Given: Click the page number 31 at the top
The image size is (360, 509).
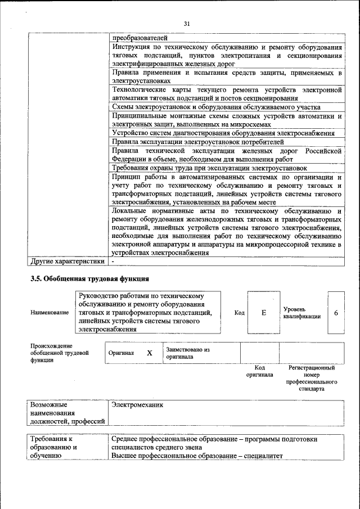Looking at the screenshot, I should (x=187, y=23).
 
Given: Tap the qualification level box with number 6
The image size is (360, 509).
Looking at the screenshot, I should (x=335, y=313).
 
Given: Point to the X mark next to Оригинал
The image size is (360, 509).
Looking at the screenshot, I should (x=150, y=353).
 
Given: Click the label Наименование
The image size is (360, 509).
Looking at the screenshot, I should (x=49, y=313).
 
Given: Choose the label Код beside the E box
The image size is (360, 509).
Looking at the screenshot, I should (x=239, y=313).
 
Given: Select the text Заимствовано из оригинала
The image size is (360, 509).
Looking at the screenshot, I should (x=187, y=353).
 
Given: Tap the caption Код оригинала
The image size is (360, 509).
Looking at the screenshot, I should (x=259, y=371).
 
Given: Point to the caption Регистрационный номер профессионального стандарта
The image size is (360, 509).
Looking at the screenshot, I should (x=311, y=378).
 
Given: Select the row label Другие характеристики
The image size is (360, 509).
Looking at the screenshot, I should (x=67, y=261).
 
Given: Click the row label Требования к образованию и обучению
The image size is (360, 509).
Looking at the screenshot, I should (x=53, y=447).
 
